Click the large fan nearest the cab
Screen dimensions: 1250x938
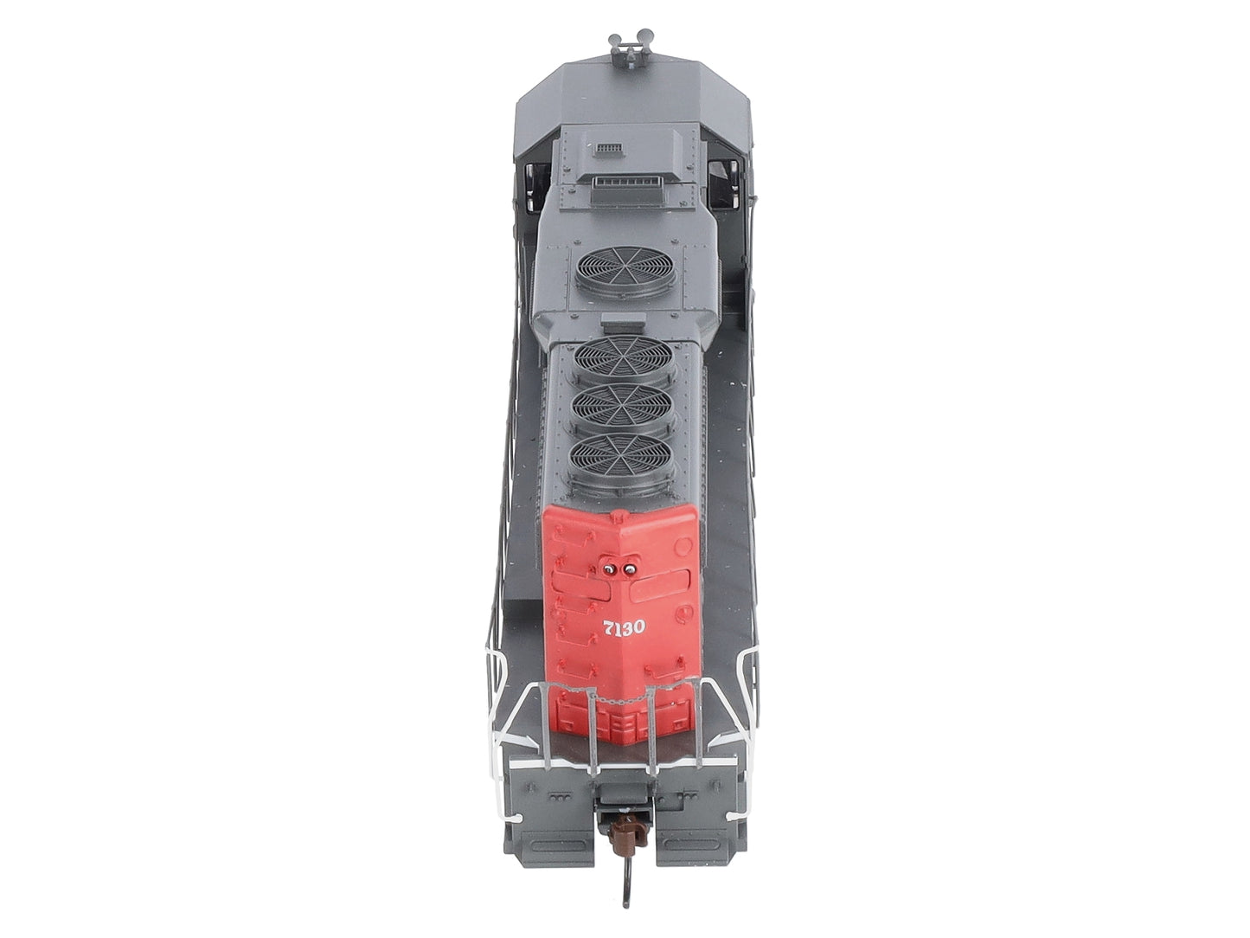click(625, 270)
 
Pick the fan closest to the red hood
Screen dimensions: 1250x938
click(622, 458)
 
